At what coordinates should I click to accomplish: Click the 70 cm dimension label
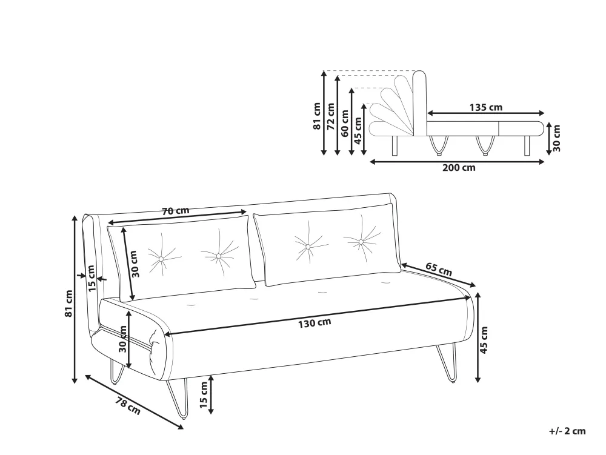point(176,211)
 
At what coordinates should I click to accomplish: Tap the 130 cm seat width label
point(315,322)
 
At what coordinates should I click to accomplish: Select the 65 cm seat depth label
point(439,269)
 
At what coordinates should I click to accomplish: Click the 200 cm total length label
point(459,168)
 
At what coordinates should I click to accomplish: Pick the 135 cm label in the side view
point(486,107)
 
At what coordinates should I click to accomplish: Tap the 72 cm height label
point(331,116)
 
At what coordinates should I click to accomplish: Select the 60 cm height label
point(345,123)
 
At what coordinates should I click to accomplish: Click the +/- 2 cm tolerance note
point(567,431)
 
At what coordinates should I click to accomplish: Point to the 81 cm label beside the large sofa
point(69,303)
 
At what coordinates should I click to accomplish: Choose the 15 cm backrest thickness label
point(92,279)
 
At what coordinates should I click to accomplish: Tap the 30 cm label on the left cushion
point(134,264)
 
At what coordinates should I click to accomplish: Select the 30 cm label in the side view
point(556,138)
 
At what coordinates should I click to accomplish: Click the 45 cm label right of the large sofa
point(484,340)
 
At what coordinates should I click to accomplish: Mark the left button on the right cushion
point(308,247)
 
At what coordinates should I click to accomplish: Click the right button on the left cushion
point(218,256)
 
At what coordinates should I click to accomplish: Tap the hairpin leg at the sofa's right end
point(447,363)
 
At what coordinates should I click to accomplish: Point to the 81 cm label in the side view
point(317,116)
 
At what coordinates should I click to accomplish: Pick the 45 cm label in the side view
point(358,130)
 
